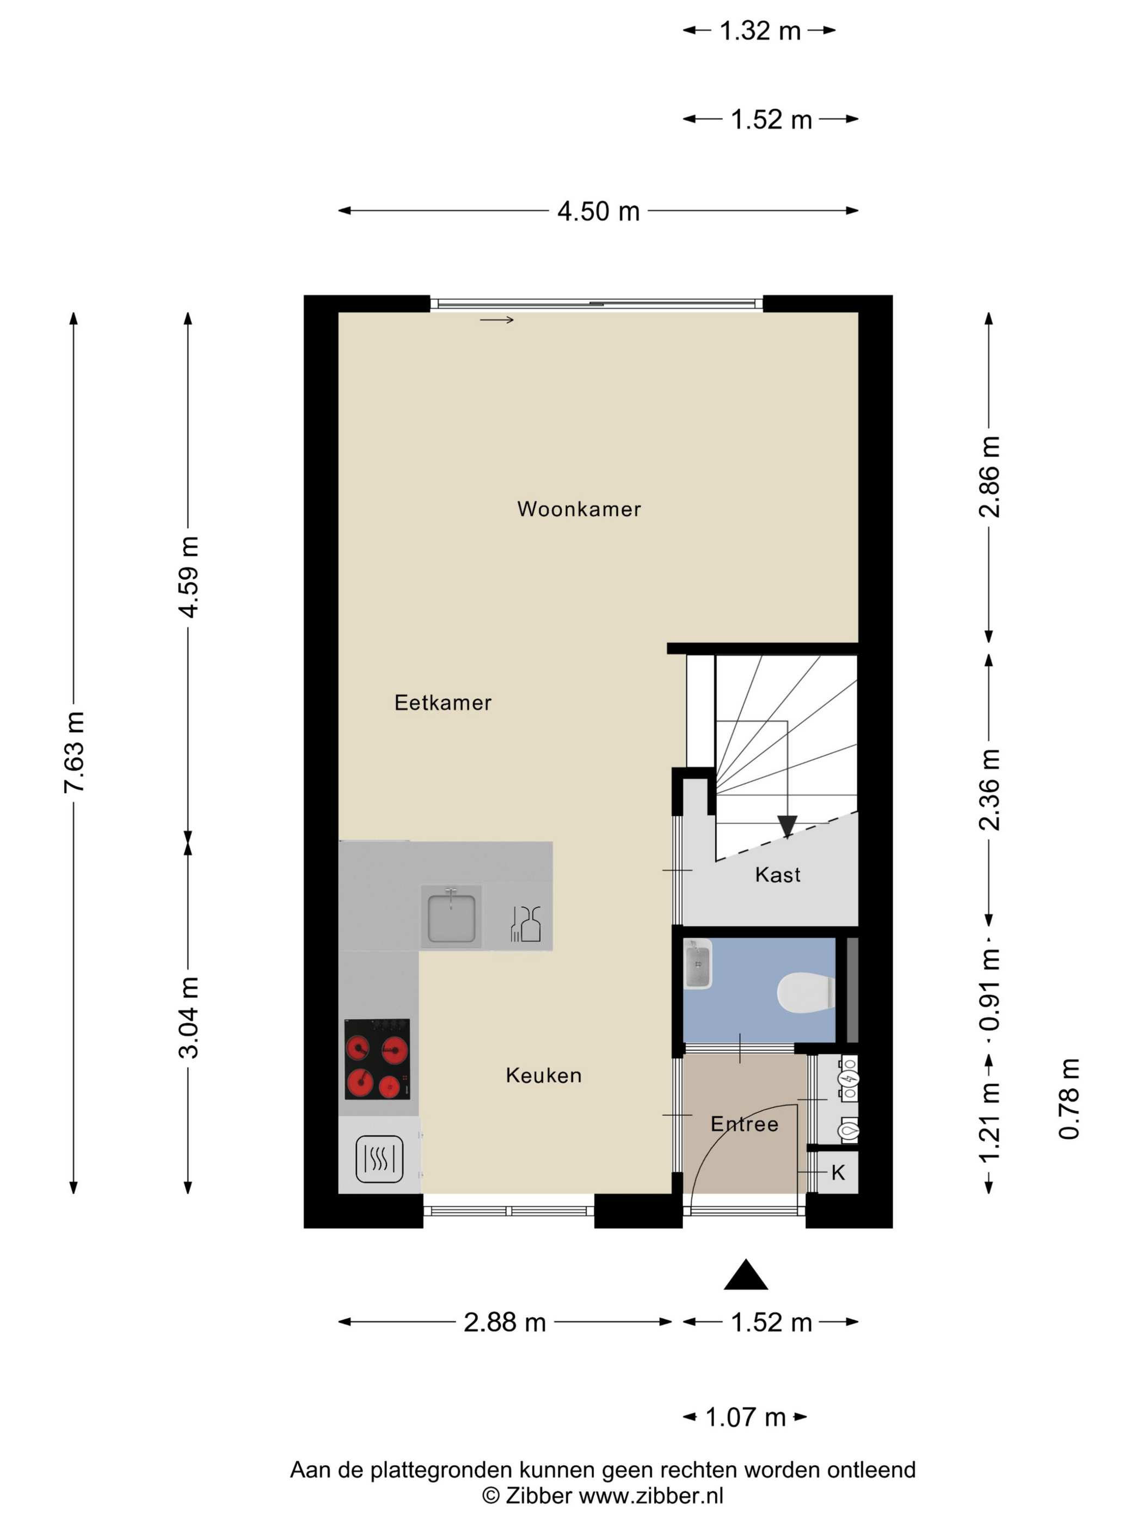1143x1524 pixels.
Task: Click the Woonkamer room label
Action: coord(579,509)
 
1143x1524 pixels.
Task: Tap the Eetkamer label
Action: coord(443,703)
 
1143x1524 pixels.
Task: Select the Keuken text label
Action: coord(544,1076)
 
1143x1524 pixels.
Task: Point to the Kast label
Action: coord(778,875)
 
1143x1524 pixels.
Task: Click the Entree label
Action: coord(744,1124)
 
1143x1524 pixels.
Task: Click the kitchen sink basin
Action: coord(451,918)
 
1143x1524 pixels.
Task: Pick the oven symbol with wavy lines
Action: coord(379,1159)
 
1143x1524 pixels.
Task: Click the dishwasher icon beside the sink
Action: coord(526,924)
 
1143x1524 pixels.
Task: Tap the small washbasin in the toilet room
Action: coord(698,964)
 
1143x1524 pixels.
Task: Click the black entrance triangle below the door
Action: coord(746,1275)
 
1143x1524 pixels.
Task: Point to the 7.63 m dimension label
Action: coord(73,752)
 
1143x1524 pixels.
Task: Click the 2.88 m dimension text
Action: coord(505,1322)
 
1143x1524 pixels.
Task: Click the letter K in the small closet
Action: coord(838,1172)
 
